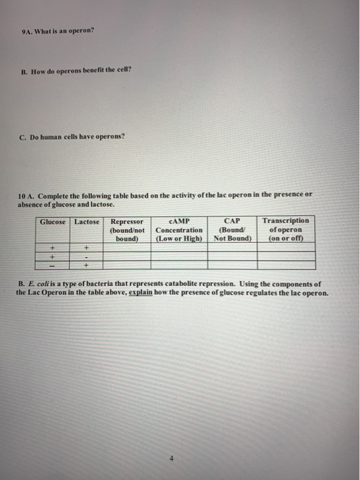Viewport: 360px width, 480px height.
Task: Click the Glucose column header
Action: coord(53,221)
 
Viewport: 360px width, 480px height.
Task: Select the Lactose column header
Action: coord(87,221)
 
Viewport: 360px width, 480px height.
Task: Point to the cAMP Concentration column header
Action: coord(179,230)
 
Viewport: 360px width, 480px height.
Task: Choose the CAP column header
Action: coord(233,230)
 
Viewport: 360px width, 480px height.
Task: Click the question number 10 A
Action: coord(26,194)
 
